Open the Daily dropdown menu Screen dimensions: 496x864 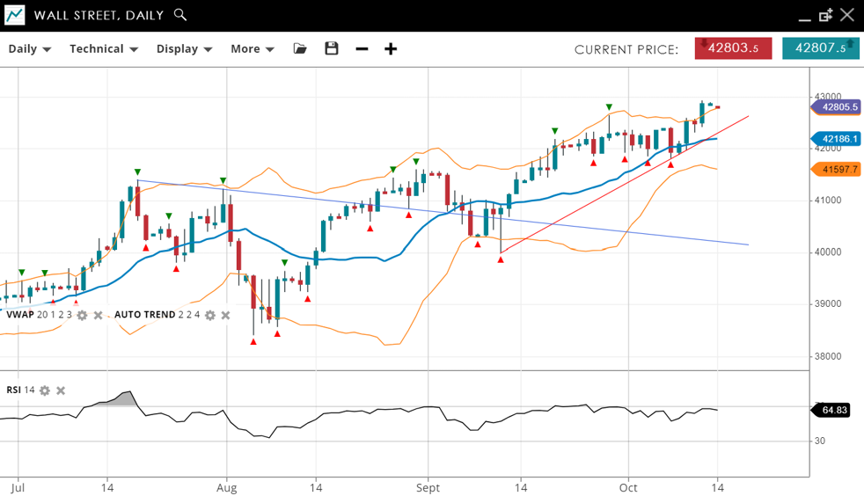point(30,49)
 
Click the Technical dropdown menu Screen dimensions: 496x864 point(104,49)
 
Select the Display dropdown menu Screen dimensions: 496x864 point(184,49)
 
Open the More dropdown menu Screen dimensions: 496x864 point(253,49)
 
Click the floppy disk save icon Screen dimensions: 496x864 point(332,48)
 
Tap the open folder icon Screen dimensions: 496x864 point(300,48)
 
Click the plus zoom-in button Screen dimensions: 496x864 point(391,48)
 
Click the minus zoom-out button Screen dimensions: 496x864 point(362,48)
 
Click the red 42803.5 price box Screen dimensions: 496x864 point(733,48)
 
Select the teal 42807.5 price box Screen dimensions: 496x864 point(820,48)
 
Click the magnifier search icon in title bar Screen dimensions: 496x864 point(180,15)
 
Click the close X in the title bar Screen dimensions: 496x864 point(846,15)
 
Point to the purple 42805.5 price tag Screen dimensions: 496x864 point(836,107)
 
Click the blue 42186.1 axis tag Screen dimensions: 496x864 point(836,139)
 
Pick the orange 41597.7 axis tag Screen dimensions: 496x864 point(836,170)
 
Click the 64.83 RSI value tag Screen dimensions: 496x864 point(832,410)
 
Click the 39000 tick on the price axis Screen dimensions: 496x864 point(827,304)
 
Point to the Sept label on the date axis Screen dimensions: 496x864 point(428,486)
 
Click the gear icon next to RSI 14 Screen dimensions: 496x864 point(45,390)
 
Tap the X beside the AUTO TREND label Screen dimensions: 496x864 point(225,315)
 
